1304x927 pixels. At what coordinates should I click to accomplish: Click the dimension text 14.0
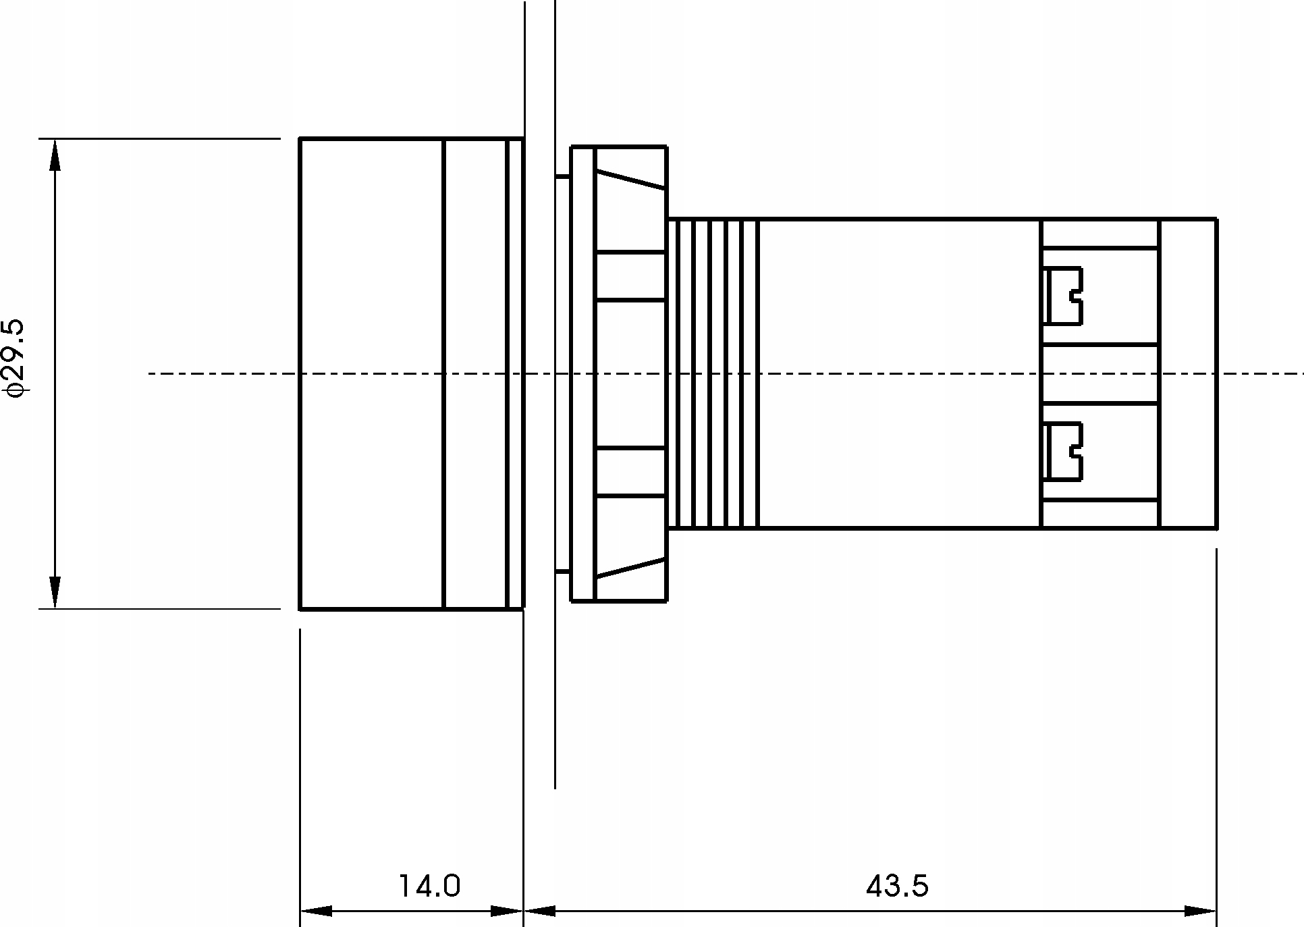click(429, 886)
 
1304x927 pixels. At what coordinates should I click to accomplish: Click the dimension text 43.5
click(897, 886)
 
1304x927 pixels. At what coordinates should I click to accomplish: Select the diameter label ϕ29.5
click(15, 357)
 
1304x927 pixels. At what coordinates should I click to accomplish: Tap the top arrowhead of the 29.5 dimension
click(55, 155)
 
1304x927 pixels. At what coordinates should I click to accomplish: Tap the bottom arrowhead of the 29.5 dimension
click(55, 592)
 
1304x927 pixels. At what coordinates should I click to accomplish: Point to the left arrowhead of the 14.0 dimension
click(316, 911)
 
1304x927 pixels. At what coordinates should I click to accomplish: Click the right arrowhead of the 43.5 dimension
click(1200, 911)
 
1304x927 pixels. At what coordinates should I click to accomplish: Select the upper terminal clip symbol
click(1063, 296)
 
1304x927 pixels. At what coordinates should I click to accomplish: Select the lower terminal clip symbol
click(1063, 452)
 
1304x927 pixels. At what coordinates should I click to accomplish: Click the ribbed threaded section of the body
click(713, 373)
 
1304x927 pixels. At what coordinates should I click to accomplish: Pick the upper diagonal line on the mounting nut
click(630, 179)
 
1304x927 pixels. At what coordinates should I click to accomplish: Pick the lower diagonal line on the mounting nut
click(630, 568)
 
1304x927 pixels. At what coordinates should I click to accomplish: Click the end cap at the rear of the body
click(1188, 373)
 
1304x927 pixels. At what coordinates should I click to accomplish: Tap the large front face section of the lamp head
click(371, 373)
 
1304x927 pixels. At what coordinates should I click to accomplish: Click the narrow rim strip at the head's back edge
click(515, 373)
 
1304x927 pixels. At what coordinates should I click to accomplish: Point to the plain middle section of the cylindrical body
click(898, 373)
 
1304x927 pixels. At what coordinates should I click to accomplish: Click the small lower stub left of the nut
click(562, 573)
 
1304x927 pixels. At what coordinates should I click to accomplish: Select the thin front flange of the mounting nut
click(583, 373)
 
